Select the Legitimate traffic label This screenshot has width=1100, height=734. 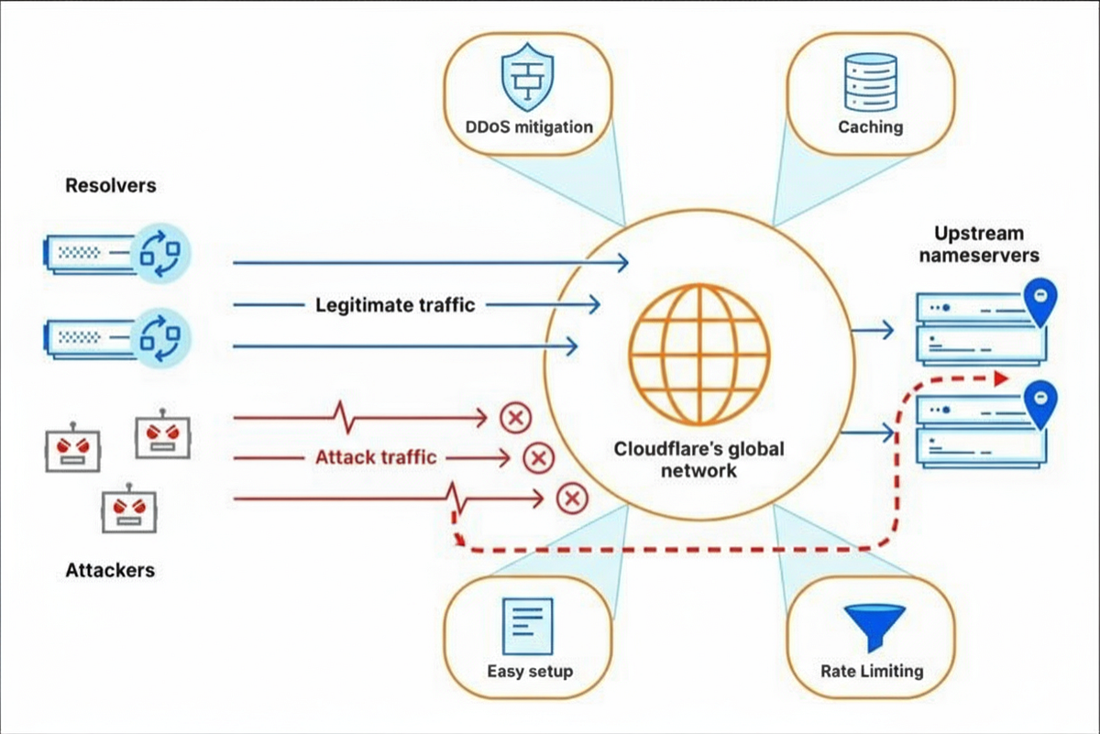pyautogui.click(x=395, y=304)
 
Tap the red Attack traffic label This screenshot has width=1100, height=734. pyautogui.click(x=376, y=456)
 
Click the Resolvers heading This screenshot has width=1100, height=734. pyautogui.click(x=111, y=186)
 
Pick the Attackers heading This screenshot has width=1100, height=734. pyautogui.click(x=110, y=570)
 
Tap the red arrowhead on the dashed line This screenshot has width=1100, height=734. pyautogui.click(x=1001, y=378)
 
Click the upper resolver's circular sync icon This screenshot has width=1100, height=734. pyautogui.click(x=159, y=251)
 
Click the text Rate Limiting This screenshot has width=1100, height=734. pyautogui.click(x=872, y=671)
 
